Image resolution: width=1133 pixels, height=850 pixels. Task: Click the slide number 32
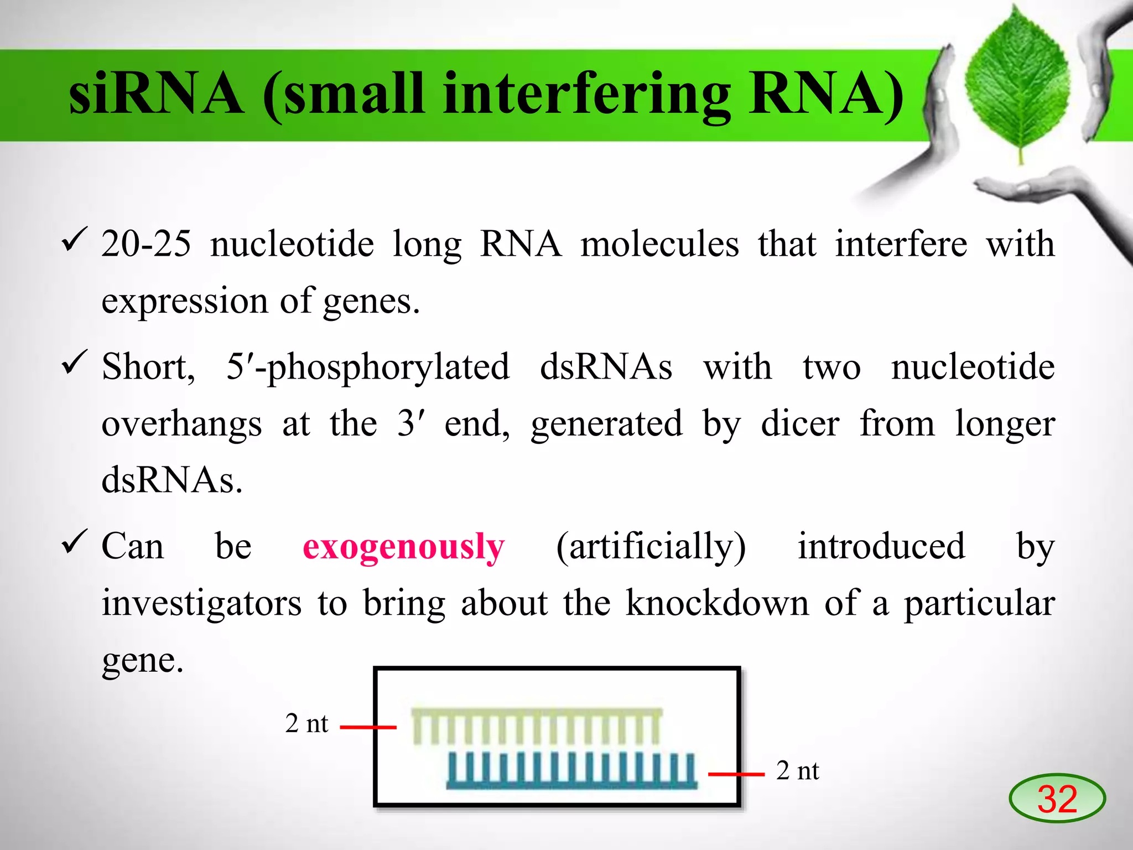click(x=1057, y=799)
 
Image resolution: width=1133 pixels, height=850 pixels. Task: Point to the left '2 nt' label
click(x=306, y=724)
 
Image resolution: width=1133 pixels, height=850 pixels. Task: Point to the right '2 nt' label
click(x=797, y=771)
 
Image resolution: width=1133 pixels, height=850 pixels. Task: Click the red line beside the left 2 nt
click(x=368, y=727)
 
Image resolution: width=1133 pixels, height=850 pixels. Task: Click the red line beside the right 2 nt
click(x=736, y=774)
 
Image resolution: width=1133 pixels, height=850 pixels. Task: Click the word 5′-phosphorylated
click(x=368, y=367)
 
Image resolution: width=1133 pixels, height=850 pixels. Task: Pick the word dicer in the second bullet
click(x=800, y=424)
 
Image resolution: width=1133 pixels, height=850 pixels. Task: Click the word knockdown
click(x=718, y=603)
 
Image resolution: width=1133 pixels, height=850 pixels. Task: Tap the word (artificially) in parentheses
click(x=651, y=547)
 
